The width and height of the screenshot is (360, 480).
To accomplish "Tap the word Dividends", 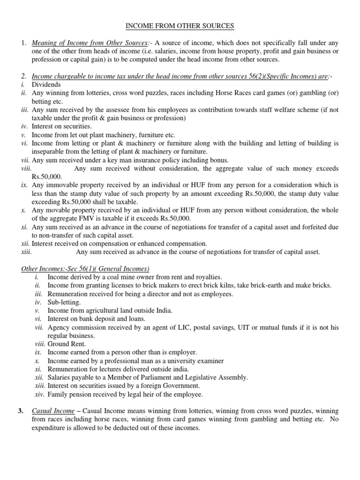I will tap(46, 84).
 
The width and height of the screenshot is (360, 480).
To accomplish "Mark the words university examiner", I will tap(194, 360).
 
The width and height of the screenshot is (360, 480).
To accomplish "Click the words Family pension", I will tap(70, 394).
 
